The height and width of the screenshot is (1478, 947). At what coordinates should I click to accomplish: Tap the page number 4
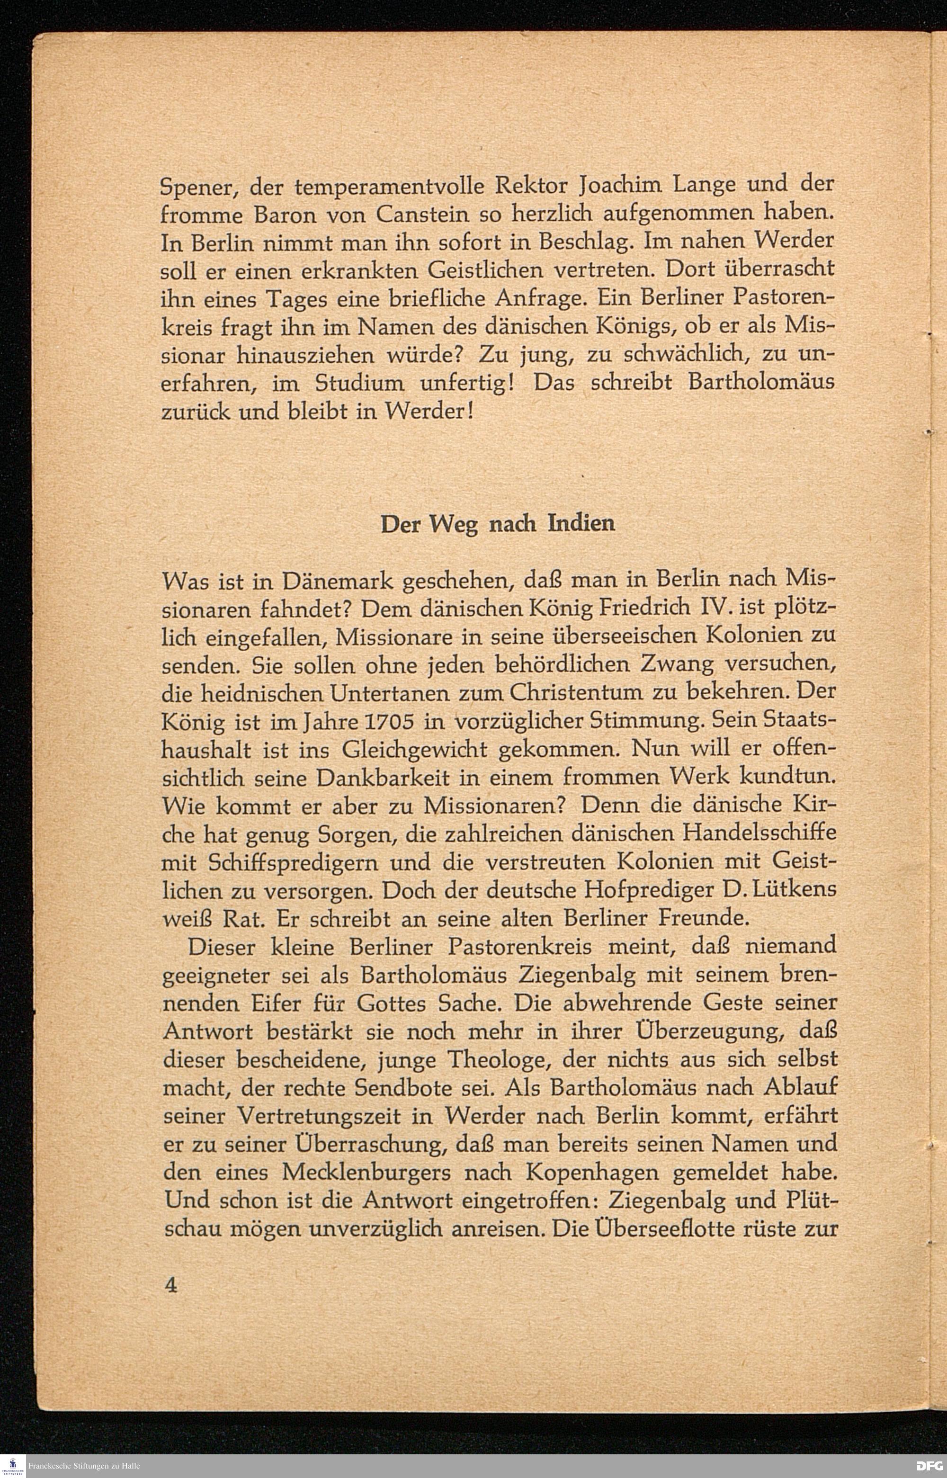(171, 1285)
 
